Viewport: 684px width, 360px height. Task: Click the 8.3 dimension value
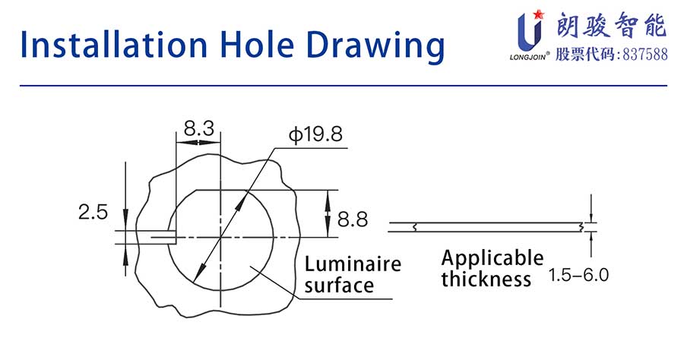coord(199,128)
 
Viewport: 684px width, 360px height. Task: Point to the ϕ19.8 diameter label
coord(316,134)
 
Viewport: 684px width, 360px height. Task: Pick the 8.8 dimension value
coord(353,219)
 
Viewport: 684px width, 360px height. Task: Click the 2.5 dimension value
coord(93,212)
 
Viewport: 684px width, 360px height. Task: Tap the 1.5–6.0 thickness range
coord(578,275)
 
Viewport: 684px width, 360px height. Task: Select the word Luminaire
coord(353,264)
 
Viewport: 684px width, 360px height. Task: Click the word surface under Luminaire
coord(339,286)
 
